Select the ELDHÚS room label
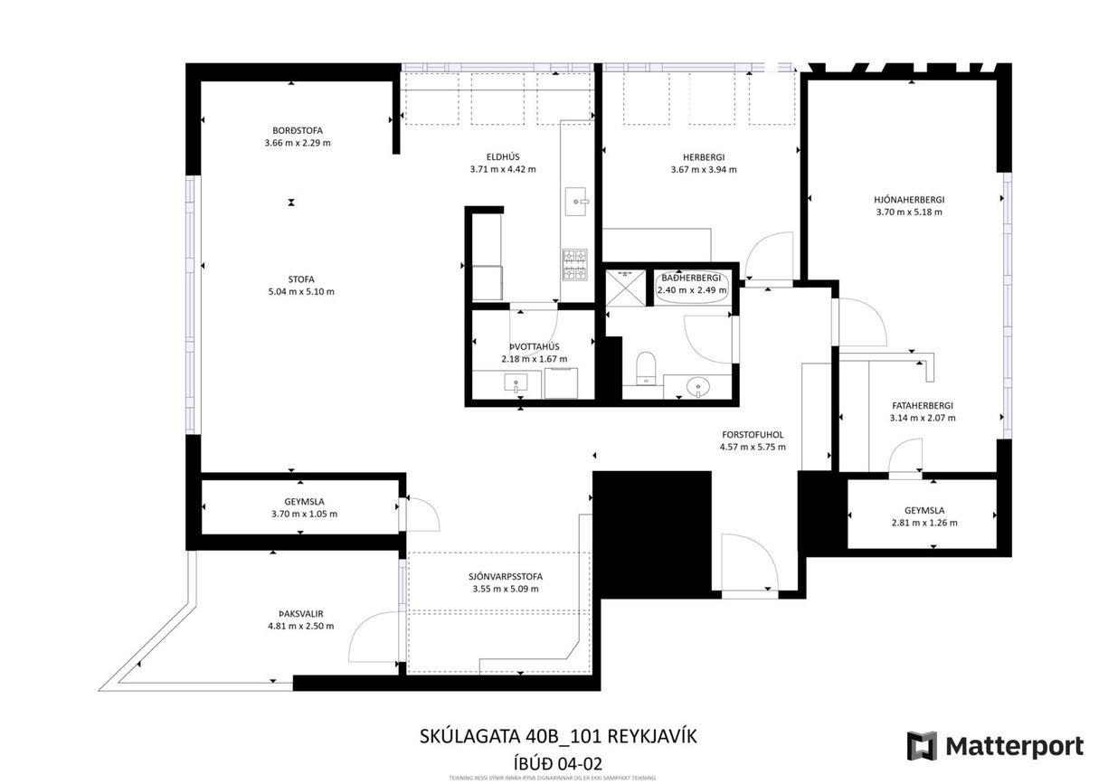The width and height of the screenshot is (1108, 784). [503, 156]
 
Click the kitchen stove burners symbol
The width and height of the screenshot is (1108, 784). [575, 263]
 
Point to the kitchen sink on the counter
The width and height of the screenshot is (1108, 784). [577, 202]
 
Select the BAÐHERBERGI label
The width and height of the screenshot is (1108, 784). [691, 278]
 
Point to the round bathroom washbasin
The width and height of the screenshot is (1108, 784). [699, 387]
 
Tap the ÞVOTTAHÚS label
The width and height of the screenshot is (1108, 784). [534, 346]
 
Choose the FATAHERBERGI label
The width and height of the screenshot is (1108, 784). [922, 406]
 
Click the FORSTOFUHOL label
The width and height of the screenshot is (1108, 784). [752, 434]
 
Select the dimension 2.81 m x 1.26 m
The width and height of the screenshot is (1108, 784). [924, 523]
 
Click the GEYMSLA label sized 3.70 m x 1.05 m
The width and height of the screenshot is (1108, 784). [304, 501]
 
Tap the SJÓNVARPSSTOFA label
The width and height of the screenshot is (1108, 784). [506, 576]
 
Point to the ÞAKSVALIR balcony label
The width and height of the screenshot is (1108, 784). [300, 613]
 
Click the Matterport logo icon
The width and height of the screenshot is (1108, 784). [922, 746]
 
